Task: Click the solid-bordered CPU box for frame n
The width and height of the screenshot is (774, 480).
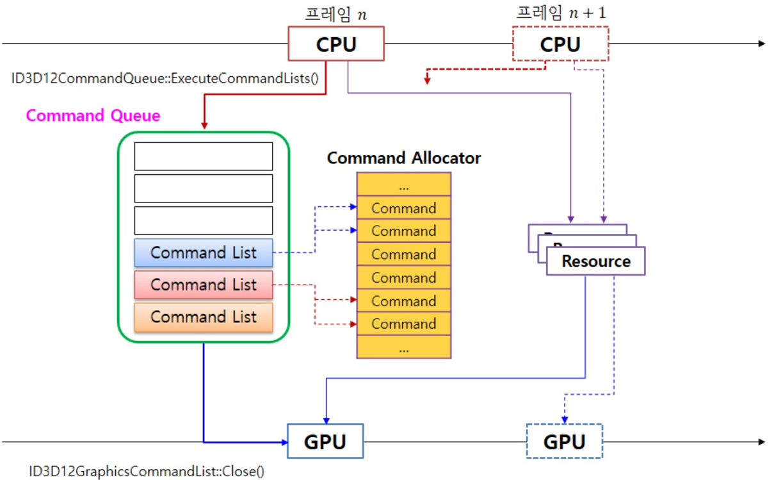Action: click(x=336, y=44)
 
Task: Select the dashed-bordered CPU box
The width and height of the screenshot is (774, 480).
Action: click(x=560, y=44)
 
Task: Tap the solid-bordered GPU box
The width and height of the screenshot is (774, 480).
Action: click(x=325, y=441)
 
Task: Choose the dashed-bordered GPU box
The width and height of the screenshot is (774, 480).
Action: click(x=564, y=441)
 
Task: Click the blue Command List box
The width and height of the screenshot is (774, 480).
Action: click(x=204, y=252)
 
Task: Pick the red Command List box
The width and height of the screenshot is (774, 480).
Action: click(x=204, y=285)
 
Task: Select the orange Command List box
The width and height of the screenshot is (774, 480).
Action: click(x=204, y=317)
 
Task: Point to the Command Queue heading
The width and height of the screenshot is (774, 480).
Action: click(x=93, y=116)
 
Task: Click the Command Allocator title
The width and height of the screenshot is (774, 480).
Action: click(x=404, y=158)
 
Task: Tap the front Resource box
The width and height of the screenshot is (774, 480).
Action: click(x=596, y=261)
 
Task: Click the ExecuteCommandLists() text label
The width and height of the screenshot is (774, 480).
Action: click(x=165, y=79)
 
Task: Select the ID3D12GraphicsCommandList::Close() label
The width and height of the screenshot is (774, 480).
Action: click(x=146, y=471)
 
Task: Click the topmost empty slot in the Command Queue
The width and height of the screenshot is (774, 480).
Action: click(x=204, y=156)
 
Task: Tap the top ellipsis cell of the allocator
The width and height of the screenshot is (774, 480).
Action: click(x=404, y=186)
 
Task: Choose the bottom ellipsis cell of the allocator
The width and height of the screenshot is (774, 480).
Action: click(x=404, y=348)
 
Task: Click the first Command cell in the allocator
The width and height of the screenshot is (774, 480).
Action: click(x=404, y=208)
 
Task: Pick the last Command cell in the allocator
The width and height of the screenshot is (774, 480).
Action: click(x=404, y=324)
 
